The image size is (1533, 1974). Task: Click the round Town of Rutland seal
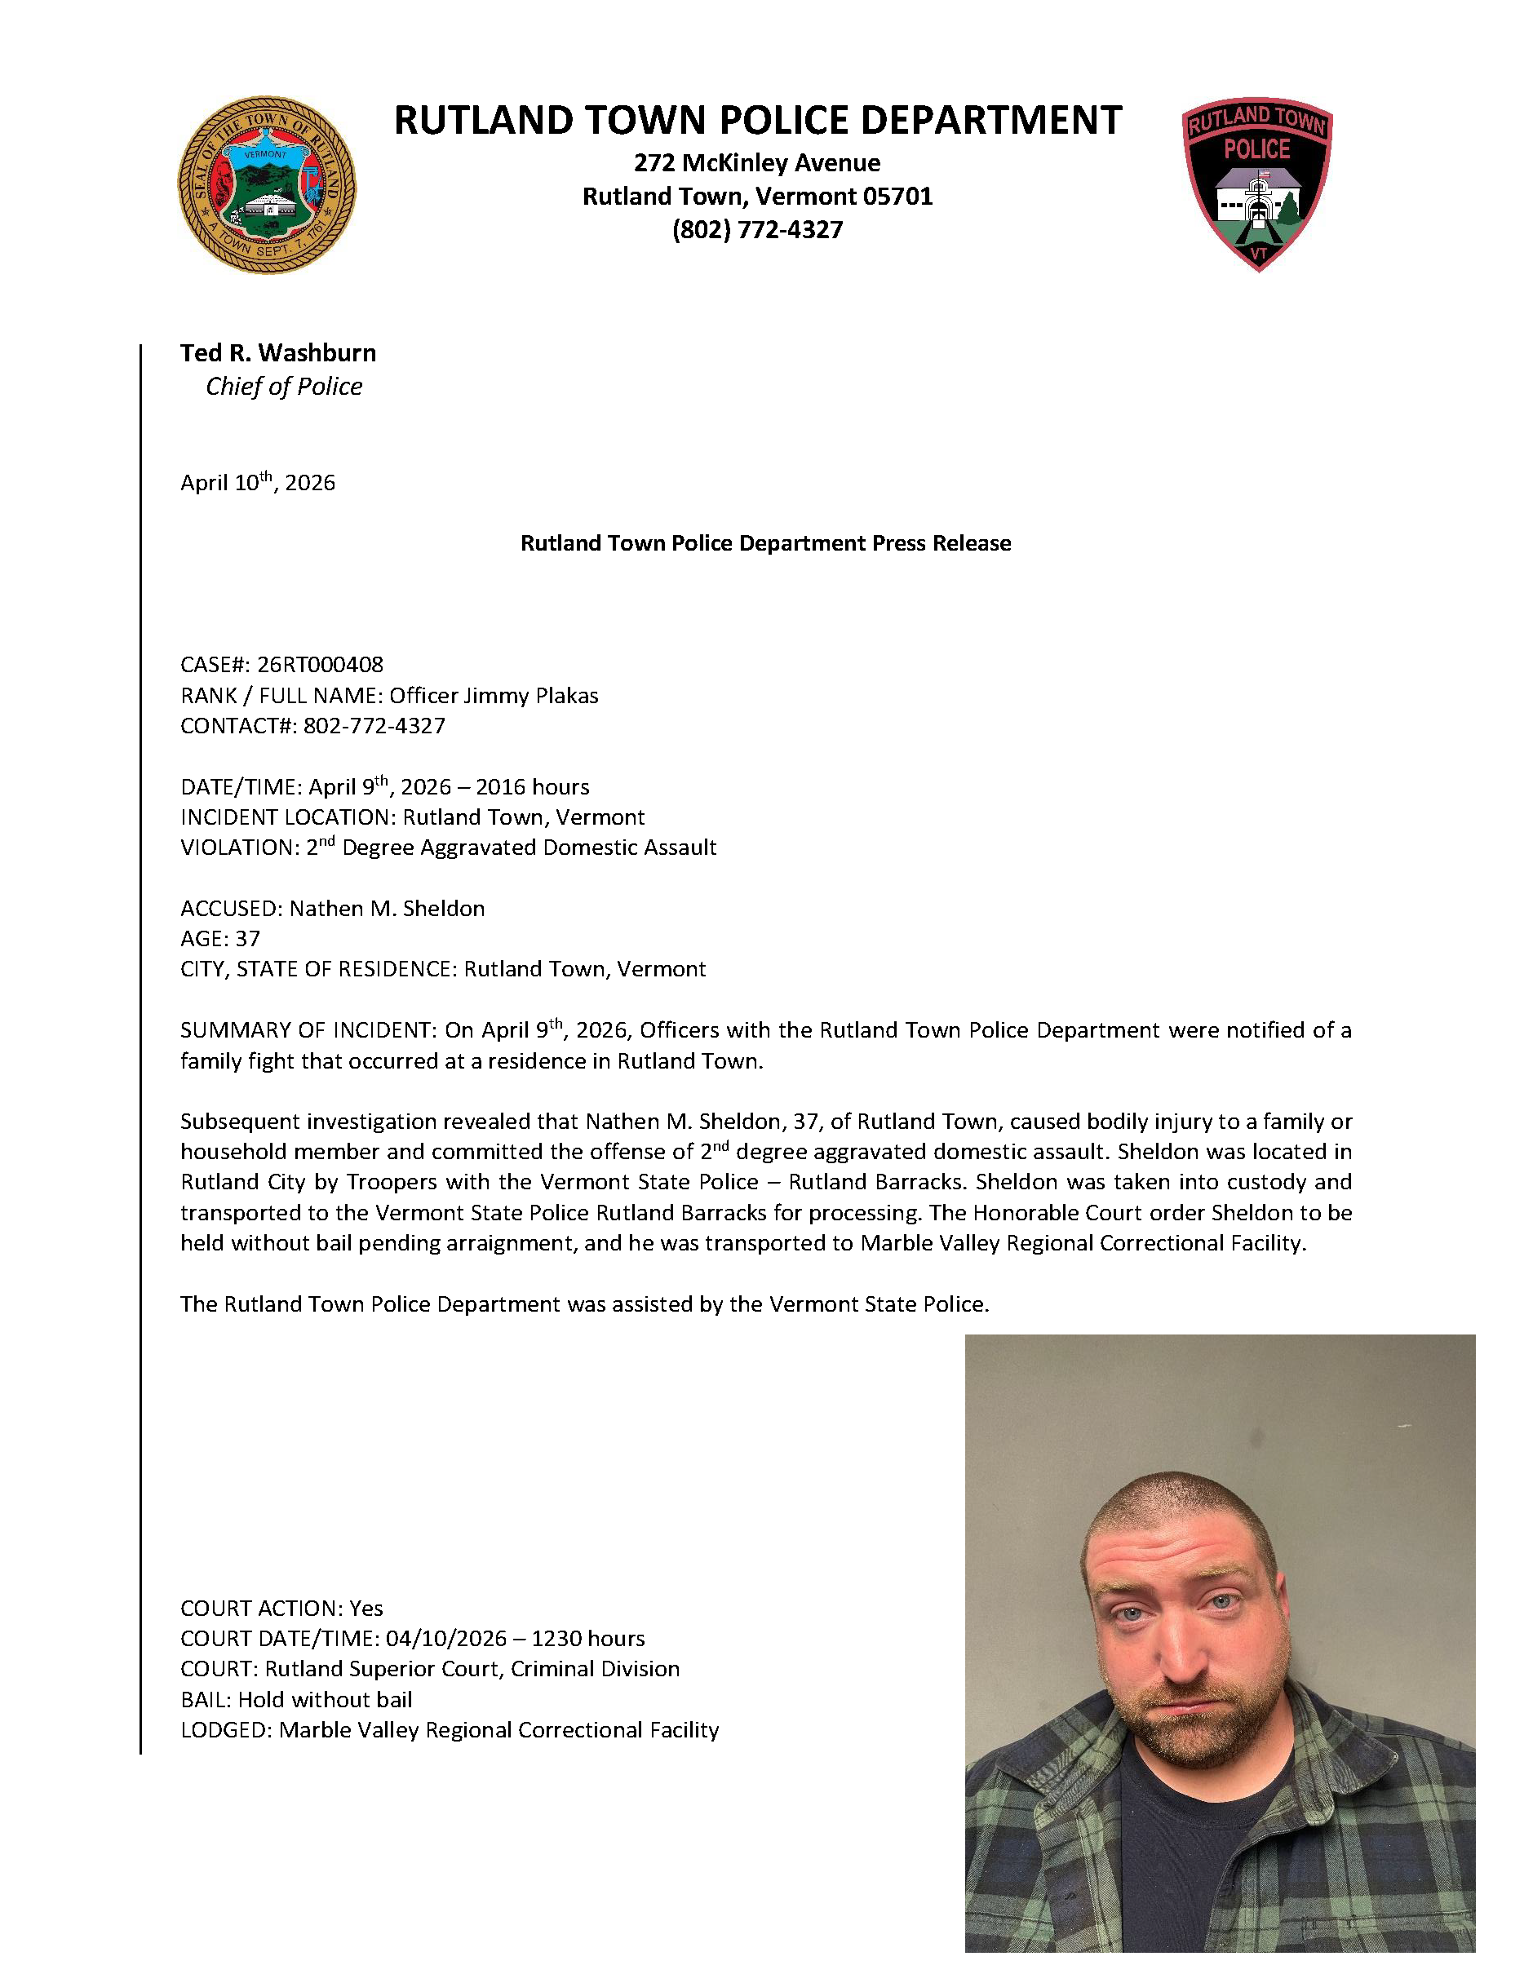pos(267,185)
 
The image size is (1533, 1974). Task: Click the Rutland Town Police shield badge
pos(1257,184)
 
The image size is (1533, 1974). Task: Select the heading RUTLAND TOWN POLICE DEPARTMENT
pos(757,120)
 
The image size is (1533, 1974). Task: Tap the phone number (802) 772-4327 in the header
pos(757,231)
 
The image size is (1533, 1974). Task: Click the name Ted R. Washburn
pos(277,352)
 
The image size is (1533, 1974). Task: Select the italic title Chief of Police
pos(284,387)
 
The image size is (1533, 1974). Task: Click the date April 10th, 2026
pos(258,482)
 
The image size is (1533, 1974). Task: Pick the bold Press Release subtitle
pos(765,543)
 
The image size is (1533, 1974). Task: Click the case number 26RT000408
pos(320,666)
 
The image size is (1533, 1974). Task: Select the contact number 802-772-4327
pos(374,726)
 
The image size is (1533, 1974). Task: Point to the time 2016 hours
pos(533,787)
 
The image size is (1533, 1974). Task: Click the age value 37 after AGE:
pos(248,939)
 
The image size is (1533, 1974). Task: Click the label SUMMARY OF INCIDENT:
pos(308,1030)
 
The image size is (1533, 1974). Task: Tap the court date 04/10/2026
pos(445,1639)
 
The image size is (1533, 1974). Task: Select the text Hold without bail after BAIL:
pos(326,1699)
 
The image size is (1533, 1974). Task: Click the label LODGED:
pos(226,1730)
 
